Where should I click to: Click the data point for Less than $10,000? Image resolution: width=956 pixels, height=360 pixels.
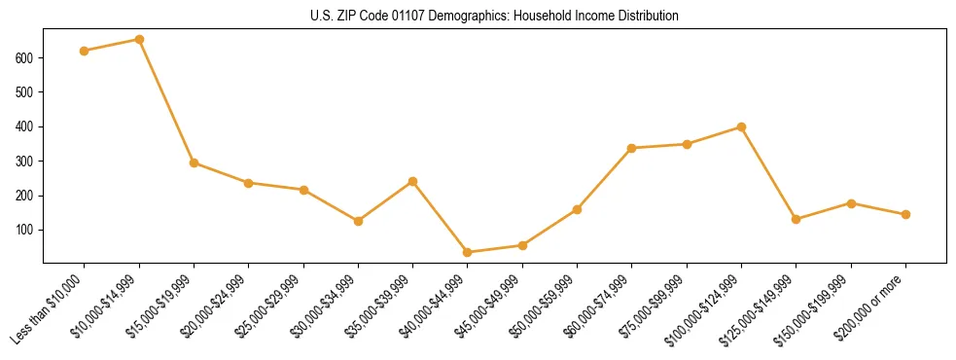(x=85, y=51)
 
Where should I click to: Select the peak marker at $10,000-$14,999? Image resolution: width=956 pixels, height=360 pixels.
(x=139, y=40)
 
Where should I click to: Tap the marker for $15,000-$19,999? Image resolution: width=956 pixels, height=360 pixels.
(x=195, y=162)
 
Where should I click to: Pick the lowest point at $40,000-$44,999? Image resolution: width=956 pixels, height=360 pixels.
(x=468, y=252)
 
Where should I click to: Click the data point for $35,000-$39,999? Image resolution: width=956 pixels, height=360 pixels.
(x=413, y=181)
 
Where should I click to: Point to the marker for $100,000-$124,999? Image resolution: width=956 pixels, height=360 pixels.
(x=742, y=127)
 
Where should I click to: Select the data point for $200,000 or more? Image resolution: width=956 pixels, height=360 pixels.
(x=906, y=214)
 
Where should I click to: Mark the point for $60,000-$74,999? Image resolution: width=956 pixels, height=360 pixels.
(x=632, y=148)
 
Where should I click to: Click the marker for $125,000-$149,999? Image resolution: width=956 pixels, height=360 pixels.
(x=797, y=219)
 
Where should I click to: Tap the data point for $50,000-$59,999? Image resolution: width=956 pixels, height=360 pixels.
(x=578, y=209)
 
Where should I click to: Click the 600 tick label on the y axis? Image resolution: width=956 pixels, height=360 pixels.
(x=26, y=58)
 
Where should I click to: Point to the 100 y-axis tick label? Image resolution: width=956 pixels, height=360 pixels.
(x=26, y=230)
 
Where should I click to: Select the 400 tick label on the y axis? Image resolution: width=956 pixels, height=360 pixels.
(x=26, y=126)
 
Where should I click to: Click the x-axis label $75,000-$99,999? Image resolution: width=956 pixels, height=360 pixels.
(x=654, y=306)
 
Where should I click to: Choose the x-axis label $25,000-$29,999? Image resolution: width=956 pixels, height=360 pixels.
(x=270, y=306)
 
